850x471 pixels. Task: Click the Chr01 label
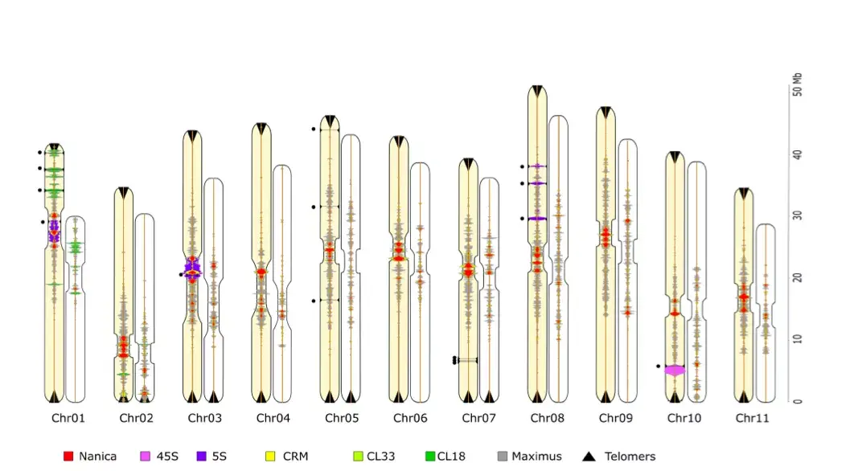pyautogui.click(x=68, y=418)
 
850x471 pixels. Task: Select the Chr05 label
pyautogui.click(x=342, y=418)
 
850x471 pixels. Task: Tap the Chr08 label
pyautogui.click(x=547, y=418)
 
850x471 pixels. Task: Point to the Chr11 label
pyautogui.click(x=752, y=418)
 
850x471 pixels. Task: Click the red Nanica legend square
pyautogui.click(x=68, y=457)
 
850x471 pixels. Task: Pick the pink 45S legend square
pyautogui.click(x=146, y=457)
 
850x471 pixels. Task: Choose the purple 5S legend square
pyautogui.click(x=202, y=457)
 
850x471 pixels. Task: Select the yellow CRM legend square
pyautogui.click(x=270, y=457)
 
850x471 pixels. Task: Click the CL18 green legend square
pyautogui.click(x=430, y=457)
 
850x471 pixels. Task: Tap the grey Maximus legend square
pyautogui.click(x=503, y=457)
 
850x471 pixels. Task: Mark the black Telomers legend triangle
pyautogui.click(x=589, y=457)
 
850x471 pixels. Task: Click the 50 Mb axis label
pyautogui.click(x=797, y=84)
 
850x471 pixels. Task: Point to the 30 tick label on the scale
pyautogui.click(x=797, y=215)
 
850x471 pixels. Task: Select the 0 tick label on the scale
pyautogui.click(x=797, y=401)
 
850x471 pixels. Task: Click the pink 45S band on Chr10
pyautogui.click(x=675, y=371)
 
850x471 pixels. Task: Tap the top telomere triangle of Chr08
pyautogui.click(x=537, y=91)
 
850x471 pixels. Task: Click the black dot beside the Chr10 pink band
pyautogui.click(x=658, y=367)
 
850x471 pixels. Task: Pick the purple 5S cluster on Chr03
pyautogui.click(x=192, y=268)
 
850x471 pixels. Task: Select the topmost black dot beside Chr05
pyautogui.click(x=314, y=129)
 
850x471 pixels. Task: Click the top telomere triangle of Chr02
pyautogui.click(x=124, y=192)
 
